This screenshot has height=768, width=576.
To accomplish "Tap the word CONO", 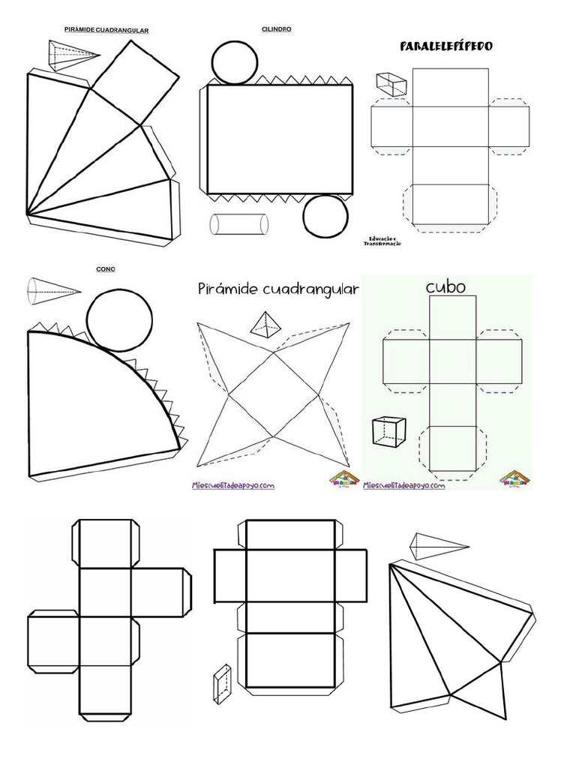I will coord(106,268).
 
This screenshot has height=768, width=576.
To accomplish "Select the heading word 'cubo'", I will coord(446,286).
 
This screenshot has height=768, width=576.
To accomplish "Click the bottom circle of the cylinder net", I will coord(326,216).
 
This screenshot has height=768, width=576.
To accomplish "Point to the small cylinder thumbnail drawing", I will coord(238,224).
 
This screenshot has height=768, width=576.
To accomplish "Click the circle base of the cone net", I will coord(117,322).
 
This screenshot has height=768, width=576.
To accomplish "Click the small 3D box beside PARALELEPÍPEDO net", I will coord(391,82).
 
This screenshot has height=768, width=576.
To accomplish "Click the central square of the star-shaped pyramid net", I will coord(274,391).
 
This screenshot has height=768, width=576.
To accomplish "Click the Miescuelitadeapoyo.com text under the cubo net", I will coord(404,485).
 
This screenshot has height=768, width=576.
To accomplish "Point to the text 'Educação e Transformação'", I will coord(382,241).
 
